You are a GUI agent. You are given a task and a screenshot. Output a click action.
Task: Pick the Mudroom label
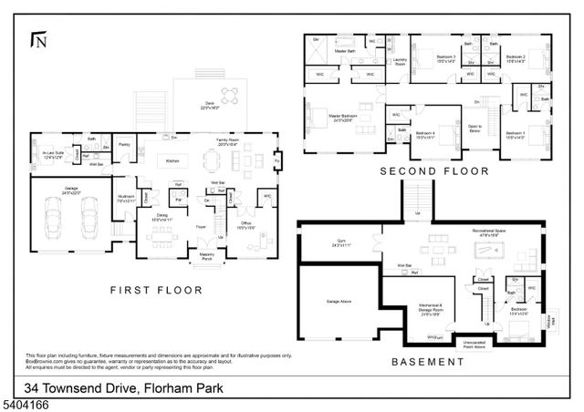[x=126, y=198]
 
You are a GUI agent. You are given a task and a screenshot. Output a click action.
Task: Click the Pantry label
[x=123, y=144]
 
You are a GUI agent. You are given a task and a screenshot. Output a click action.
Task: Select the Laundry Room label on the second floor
[x=399, y=62]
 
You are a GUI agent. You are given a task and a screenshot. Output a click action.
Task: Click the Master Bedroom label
[x=344, y=118]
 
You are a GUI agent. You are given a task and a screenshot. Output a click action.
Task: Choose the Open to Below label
[x=474, y=129]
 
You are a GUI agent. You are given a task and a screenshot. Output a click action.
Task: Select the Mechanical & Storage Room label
[x=432, y=308]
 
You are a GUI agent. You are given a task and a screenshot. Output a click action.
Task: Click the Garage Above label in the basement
[x=327, y=300]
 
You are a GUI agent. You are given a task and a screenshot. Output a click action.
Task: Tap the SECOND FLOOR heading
[x=434, y=171]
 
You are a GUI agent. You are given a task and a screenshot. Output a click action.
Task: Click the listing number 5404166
[x=26, y=401]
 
